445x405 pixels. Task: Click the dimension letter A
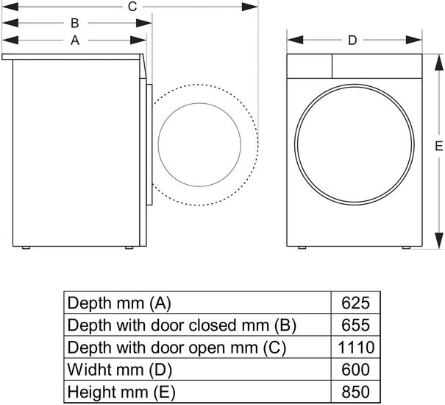75,40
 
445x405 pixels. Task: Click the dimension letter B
74,23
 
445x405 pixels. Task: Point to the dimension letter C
132,7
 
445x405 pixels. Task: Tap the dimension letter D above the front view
352,40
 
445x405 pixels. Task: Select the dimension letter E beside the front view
439,146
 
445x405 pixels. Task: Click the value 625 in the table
355,303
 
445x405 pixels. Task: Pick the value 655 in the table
355,325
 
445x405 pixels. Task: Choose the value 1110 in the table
356,347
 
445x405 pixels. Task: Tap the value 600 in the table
355,369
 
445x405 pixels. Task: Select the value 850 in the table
355,392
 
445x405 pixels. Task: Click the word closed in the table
214,325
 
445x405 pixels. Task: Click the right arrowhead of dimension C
249,7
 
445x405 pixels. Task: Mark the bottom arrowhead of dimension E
439,240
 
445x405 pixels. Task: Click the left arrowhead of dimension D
295,40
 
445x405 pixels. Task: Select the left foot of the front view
302,247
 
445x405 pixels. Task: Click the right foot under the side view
129,247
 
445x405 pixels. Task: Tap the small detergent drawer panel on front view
310,66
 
